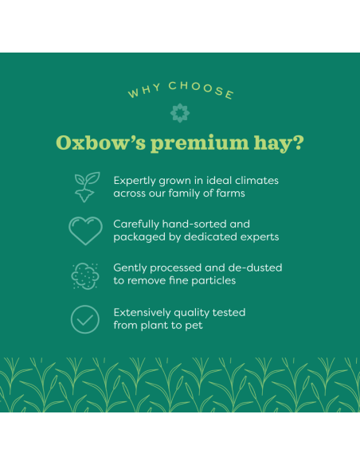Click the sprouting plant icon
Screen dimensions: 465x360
click(x=85, y=186)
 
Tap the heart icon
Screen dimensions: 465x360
click(x=85, y=230)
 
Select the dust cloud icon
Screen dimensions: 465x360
click(x=85, y=275)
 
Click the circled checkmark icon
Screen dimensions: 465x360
click(x=85, y=318)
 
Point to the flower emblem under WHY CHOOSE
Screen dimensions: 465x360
click(x=179, y=112)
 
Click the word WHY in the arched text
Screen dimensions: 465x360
click(x=143, y=93)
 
